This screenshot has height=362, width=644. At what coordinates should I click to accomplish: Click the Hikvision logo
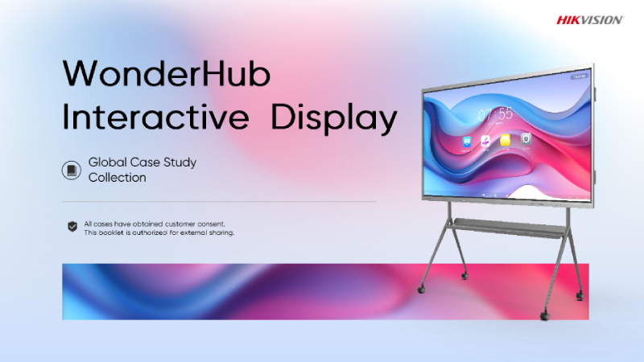click(x=590, y=20)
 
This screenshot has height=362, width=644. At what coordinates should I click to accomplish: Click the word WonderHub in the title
click(x=167, y=73)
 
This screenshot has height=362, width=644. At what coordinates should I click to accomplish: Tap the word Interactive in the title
click(x=155, y=117)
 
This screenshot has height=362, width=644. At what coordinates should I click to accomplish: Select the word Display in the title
click(x=334, y=118)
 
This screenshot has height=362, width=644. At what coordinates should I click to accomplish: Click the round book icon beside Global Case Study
click(x=72, y=170)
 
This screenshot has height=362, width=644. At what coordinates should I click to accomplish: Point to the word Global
click(x=108, y=162)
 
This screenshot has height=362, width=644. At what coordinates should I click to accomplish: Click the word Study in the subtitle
click(x=180, y=163)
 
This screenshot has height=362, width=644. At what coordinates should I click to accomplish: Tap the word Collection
click(x=117, y=177)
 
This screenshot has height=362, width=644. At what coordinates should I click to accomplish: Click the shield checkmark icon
click(x=72, y=227)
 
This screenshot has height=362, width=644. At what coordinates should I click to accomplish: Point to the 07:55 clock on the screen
click(x=496, y=113)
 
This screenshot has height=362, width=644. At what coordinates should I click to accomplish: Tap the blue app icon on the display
click(x=467, y=142)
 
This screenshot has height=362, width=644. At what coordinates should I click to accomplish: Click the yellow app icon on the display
click(x=506, y=140)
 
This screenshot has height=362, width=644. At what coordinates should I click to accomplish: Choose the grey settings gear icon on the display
click(x=526, y=138)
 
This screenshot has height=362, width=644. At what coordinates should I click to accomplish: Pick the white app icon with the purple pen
click(x=485, y=142)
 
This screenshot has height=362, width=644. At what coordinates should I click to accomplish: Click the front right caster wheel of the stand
click(x=545, y=315)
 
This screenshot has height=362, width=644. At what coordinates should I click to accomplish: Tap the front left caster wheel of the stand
click(x=421, y=290)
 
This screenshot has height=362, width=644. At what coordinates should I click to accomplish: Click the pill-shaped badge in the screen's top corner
click(x=580, y=76)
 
